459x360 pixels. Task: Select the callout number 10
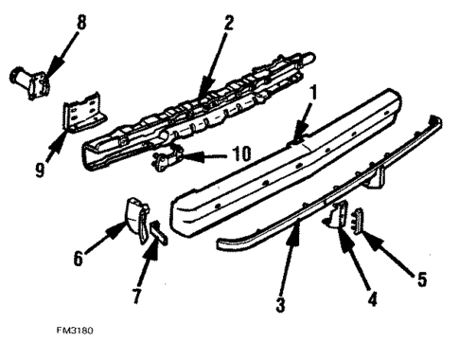click(x=217, y=154)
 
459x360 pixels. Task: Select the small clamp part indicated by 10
click(x=168, y=160)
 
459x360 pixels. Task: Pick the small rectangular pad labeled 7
click(x=155, y=232)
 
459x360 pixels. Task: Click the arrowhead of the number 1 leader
click(x=294, y=139)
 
